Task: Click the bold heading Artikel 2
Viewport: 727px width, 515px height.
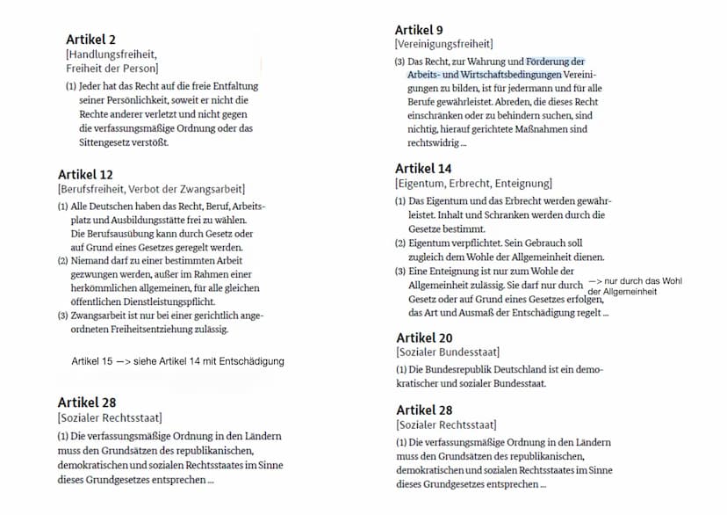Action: [x=90, y=40]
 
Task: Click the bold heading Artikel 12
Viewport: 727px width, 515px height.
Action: [x=85, y=174]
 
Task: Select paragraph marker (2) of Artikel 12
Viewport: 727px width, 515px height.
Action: [x=62, y=261]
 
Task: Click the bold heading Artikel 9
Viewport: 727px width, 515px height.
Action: [x=419, y=30]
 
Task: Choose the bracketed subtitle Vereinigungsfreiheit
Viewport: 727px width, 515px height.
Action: [x=443, y=44]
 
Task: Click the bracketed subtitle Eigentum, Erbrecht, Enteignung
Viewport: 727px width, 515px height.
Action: [x=473, y=184]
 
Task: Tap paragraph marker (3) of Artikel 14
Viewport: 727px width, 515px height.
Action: [x=400, y=272]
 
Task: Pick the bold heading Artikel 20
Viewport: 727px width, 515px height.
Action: [x=425, y=337]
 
